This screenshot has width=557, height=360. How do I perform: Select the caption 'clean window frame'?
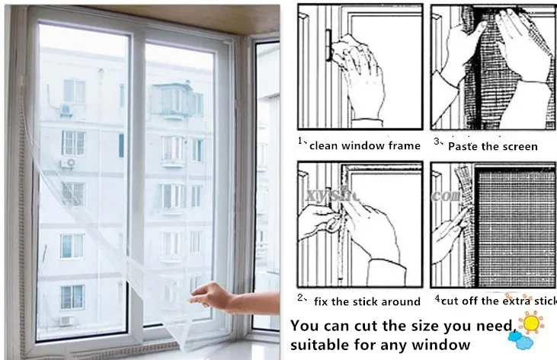click(x=364, y=145)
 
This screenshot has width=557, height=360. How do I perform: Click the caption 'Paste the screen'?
click(x=492, y=145)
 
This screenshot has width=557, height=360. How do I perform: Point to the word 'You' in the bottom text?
click(x=306, y=326)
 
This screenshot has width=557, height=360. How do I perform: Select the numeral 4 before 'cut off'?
click(x=437, y=300)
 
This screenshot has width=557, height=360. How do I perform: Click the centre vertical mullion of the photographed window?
click(x=136, y=183)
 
